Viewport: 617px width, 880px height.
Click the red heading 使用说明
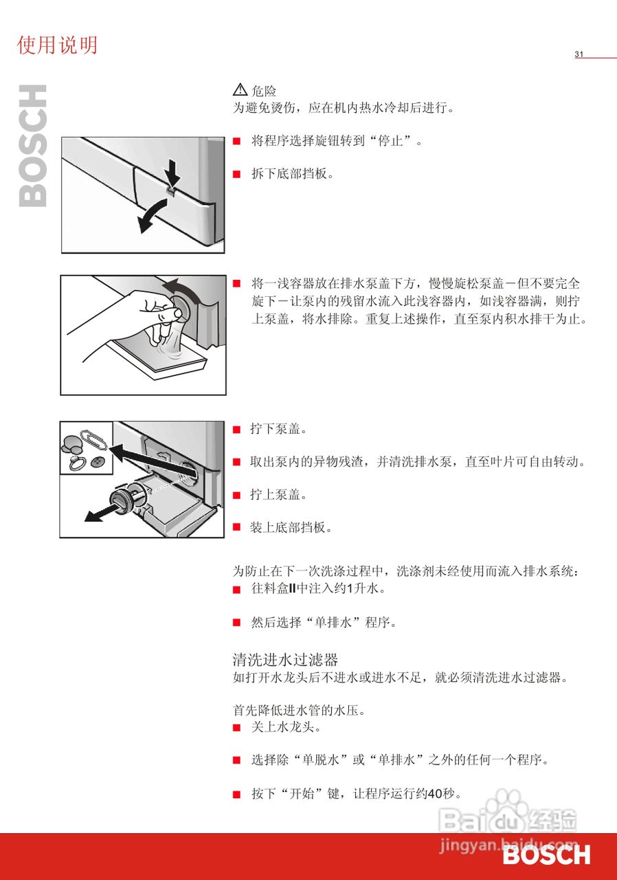pyautogui.click(x=57, y=45)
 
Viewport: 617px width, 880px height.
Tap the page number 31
pyautogui.click(x=579, y=54)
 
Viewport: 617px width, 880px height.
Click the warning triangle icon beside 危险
pyautogui.click(x=240, y=89)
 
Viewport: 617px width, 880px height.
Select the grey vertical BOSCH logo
pyautogui.click(x=32, y=146)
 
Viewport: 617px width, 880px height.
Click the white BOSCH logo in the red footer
pyautogui.click(x=547, y=855)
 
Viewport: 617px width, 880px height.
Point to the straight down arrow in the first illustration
pyautogui.click(x=172, y=172)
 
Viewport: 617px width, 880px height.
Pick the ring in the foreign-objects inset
pyautogui.click(x=76, y=463)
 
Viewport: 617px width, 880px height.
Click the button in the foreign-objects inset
pyautogui.click(x=96, y=463)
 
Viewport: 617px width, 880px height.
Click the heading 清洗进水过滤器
pyautogui.click(x=285, y=659)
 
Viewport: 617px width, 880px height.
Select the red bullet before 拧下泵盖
pyautogui.click(x=236, y=430)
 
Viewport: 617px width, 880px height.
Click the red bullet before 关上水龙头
pyautogui.click(x=236, y=727)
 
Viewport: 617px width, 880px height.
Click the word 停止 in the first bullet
pyautogui.click(x=390, y=141)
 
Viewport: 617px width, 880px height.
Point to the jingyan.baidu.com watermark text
pyautogui.click(x=508, y=844)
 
